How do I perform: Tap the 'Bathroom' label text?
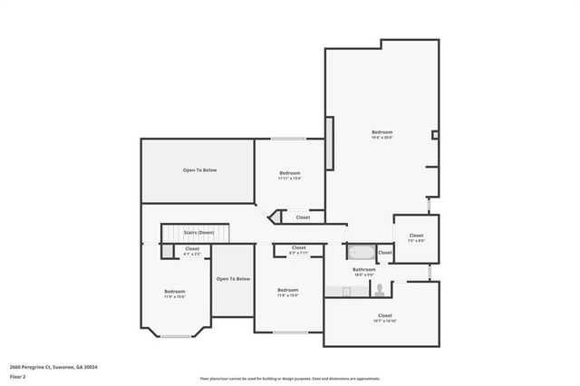[x=364, y=269]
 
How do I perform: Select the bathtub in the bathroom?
[x=360, y=252]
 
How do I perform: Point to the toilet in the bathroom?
[x=382, y=289]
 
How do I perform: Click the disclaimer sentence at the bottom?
[x=290, y=379]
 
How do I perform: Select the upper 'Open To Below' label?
[x=199, y=169]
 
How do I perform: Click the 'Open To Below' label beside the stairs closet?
[x=232, y=278]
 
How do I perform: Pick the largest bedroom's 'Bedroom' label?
[x=382, y=131]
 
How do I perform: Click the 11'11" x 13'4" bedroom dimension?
[x=289, y=179]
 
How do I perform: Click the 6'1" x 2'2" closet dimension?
[x=192, y=253]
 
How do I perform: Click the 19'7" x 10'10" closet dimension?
[x=384, y=321]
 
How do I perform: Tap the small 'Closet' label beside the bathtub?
[x=385, y=252]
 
